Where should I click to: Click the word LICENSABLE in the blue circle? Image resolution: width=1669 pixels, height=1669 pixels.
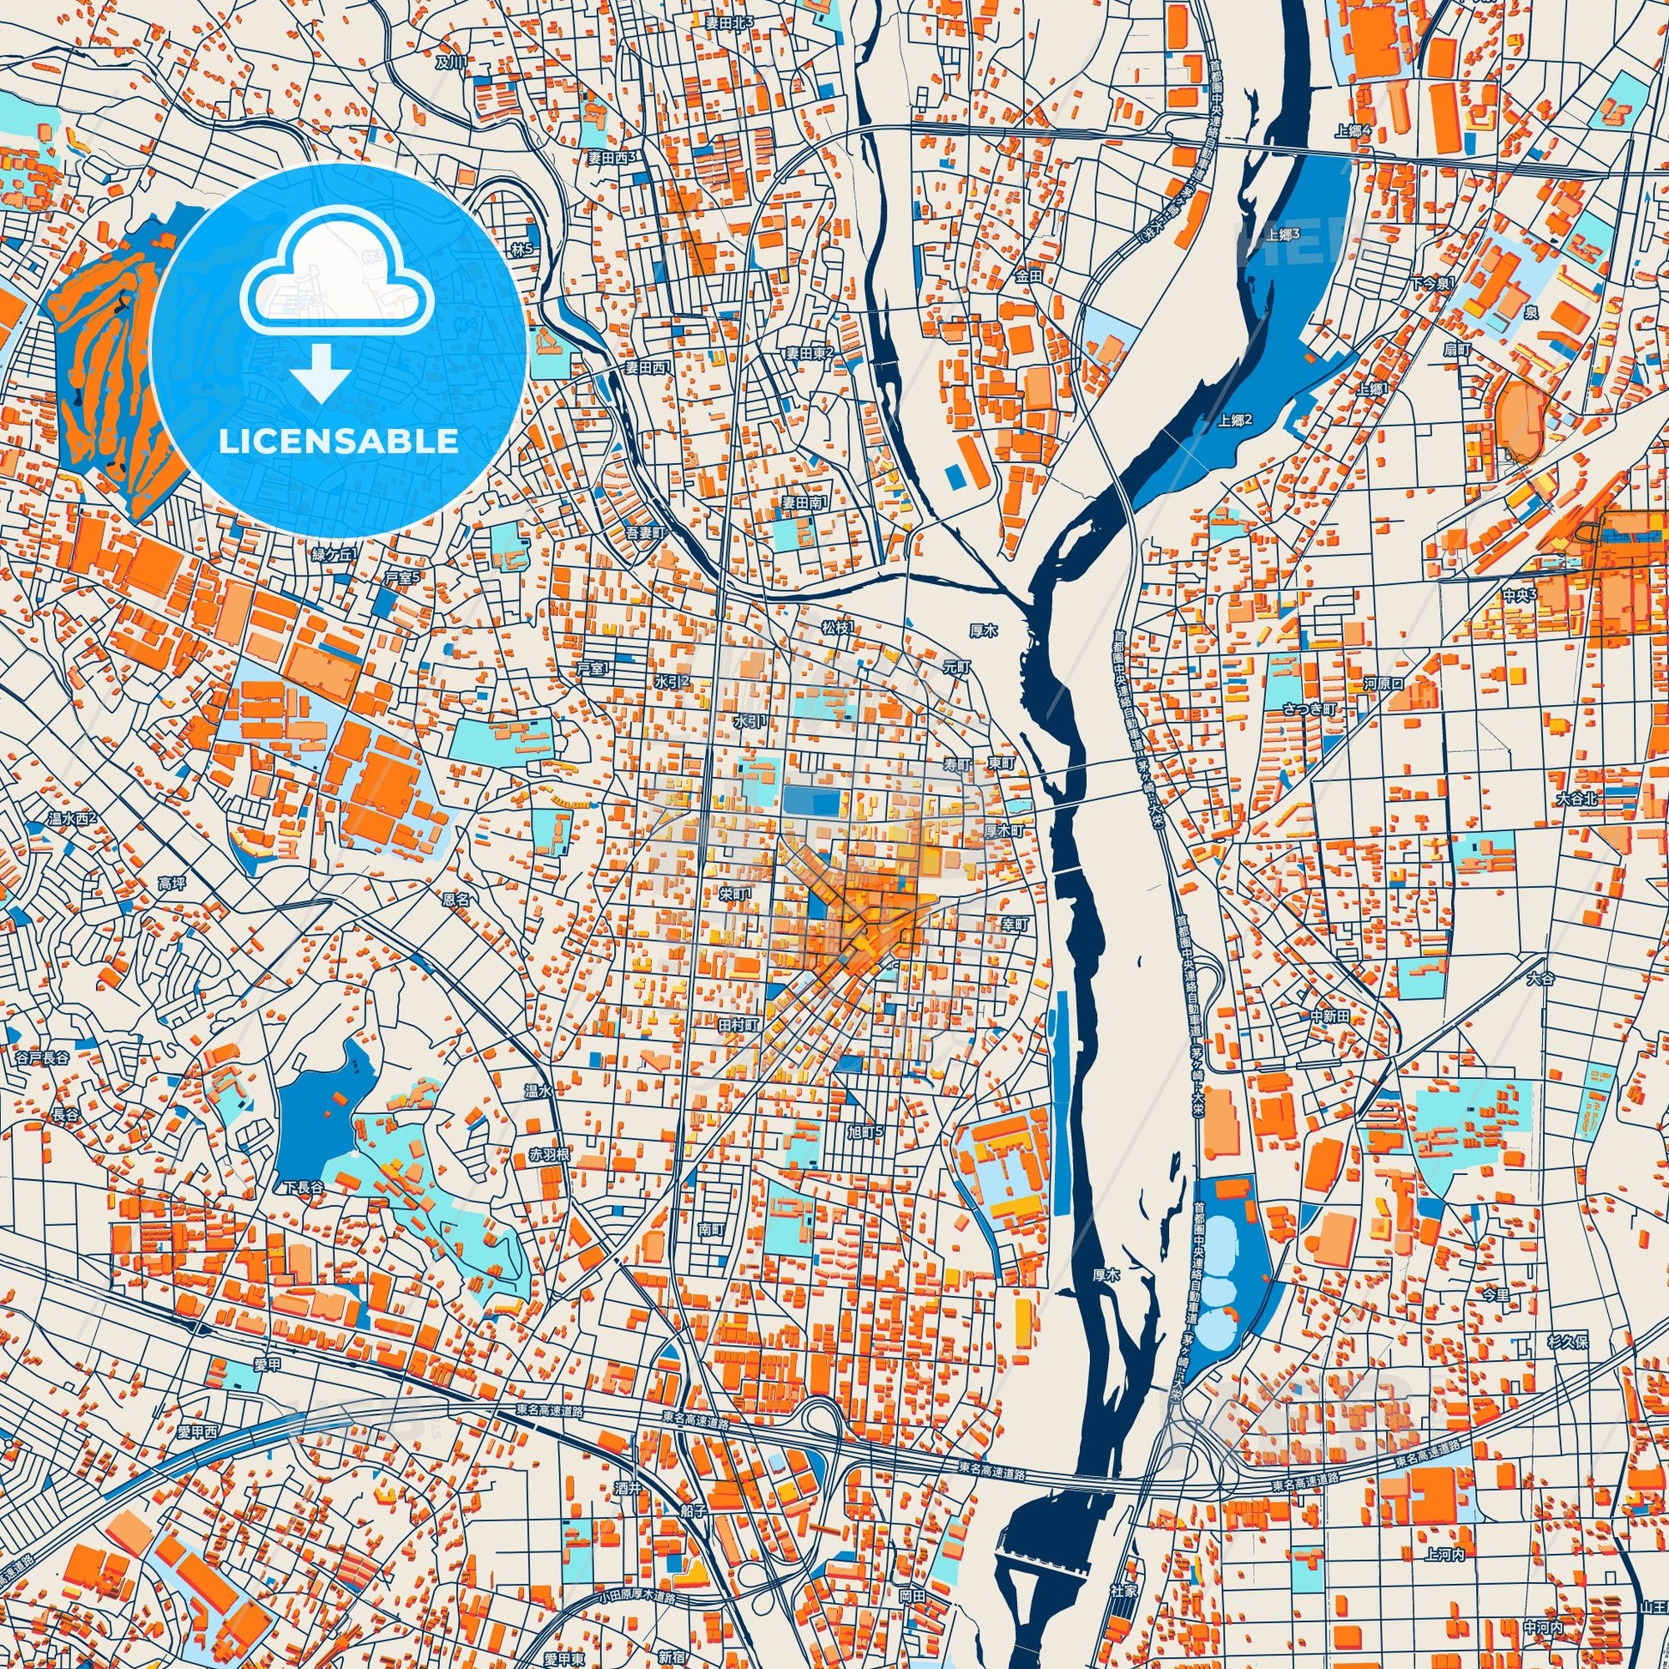coord(338,443)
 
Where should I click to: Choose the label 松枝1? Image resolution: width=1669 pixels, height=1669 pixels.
coord(837,627)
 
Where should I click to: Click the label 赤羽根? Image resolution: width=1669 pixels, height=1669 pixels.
coord(550,1155)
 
